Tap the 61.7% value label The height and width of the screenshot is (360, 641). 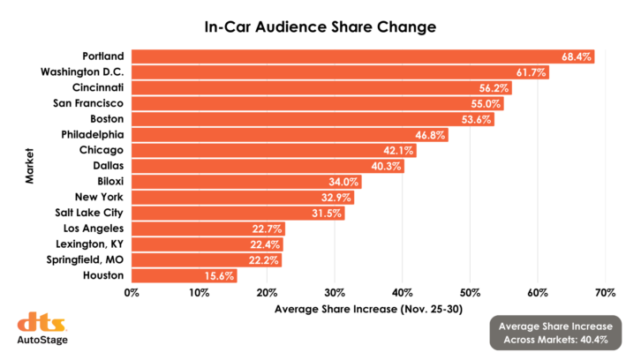532,72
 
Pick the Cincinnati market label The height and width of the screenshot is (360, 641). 98,88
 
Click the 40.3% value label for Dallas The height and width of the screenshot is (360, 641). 387,166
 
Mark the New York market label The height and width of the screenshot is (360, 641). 99,198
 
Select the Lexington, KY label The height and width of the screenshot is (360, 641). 89,244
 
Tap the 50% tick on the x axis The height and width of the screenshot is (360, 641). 470,292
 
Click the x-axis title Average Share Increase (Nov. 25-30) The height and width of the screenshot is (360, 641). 368,310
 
